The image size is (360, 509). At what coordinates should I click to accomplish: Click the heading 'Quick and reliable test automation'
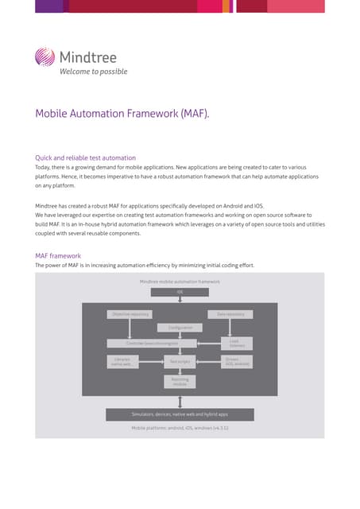point(86,157)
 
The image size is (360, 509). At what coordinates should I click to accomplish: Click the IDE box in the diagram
point(180,292)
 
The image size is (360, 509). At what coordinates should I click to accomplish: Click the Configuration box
point(180,328)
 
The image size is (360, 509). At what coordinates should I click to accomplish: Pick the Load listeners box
point(237,343)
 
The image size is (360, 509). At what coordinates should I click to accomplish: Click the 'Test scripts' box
point(180,362)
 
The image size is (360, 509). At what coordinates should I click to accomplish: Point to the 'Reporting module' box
point(180,382)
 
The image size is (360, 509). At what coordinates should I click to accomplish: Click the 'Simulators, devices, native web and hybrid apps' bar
point(180,414)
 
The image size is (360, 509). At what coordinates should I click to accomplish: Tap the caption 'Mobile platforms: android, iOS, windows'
point(180,428)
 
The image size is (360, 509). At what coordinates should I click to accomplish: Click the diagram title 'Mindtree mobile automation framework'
point(180,282)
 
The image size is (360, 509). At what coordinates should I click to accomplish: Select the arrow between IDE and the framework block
point(180,299)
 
